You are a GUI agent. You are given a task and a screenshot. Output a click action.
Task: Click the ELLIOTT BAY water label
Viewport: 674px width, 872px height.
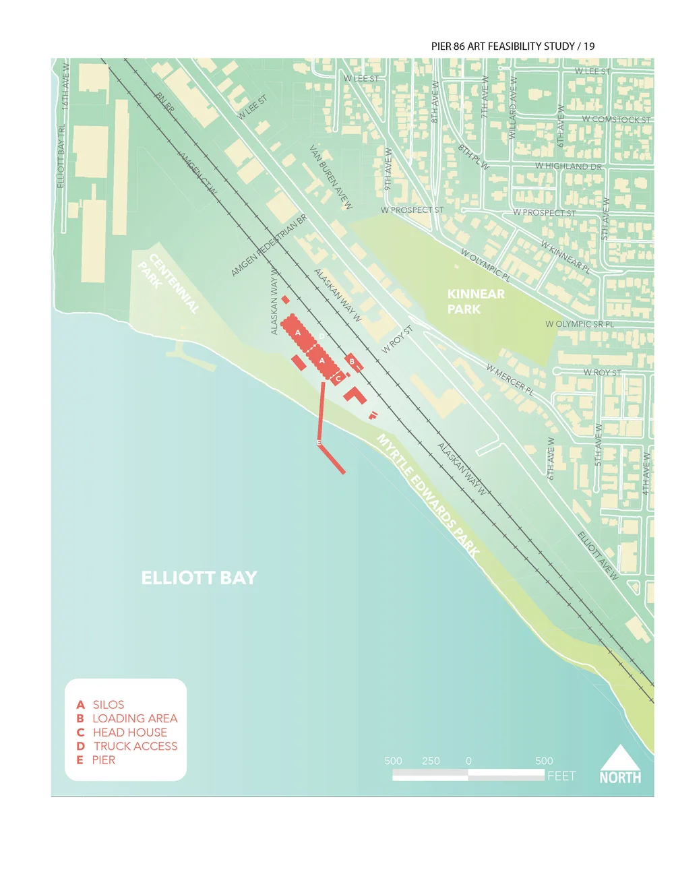coord(199,578)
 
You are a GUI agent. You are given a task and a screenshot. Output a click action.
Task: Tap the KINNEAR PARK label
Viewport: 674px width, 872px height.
coord(475,301)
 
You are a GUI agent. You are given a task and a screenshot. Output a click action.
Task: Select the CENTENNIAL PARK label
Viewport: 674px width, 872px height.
coord(169,283)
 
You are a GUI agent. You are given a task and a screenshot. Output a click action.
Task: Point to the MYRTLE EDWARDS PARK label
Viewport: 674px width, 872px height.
coord(429,495)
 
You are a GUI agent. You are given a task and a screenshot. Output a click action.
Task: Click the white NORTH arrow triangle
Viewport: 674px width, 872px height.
coord(620,757)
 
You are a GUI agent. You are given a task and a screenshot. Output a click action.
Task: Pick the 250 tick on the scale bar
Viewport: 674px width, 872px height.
coord(431,761)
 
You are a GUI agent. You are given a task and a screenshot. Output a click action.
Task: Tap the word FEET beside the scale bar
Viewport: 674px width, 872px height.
coord(561,776)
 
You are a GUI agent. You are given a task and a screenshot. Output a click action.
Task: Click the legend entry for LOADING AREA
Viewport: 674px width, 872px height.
coord(134,718)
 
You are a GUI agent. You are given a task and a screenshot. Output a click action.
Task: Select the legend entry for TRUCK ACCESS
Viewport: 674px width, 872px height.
coord(135,746)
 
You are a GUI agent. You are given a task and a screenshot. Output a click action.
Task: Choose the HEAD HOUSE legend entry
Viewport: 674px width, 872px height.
coord(129,733)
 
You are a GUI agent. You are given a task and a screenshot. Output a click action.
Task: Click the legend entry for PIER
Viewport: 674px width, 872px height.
coord(103,760)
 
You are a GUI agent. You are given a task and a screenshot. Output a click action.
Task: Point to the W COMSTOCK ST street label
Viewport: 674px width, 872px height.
coord(616,119)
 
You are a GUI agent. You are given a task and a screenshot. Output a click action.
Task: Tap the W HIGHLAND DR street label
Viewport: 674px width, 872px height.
coord(568,166)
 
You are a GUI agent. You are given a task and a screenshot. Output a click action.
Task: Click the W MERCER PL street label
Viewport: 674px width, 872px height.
coord(510,379)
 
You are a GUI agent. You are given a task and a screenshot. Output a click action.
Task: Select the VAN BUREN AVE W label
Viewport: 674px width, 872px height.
coord(330,177)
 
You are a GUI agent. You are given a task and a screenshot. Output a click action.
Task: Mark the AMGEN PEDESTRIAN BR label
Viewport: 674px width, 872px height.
coord(269,245)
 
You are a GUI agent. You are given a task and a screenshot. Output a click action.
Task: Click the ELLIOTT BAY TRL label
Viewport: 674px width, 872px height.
coord(61,156)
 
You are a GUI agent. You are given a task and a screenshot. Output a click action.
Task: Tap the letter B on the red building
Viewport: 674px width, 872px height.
coord(352,361)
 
